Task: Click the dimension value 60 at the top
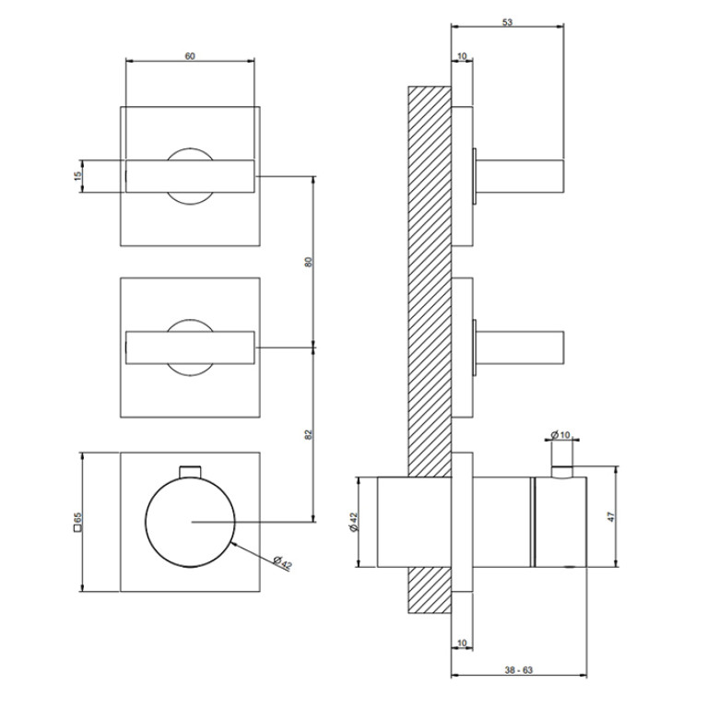[190, 56]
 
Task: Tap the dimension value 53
[507, 22]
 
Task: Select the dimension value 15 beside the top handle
[78, 176]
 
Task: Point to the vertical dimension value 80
[309, 262]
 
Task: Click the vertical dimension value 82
[309, 434]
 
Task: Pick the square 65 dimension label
[77, 522]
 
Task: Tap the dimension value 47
[611, 517]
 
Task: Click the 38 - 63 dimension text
[519, 670]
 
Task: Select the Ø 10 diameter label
[561, 435]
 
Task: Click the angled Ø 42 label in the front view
[283, 562]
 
